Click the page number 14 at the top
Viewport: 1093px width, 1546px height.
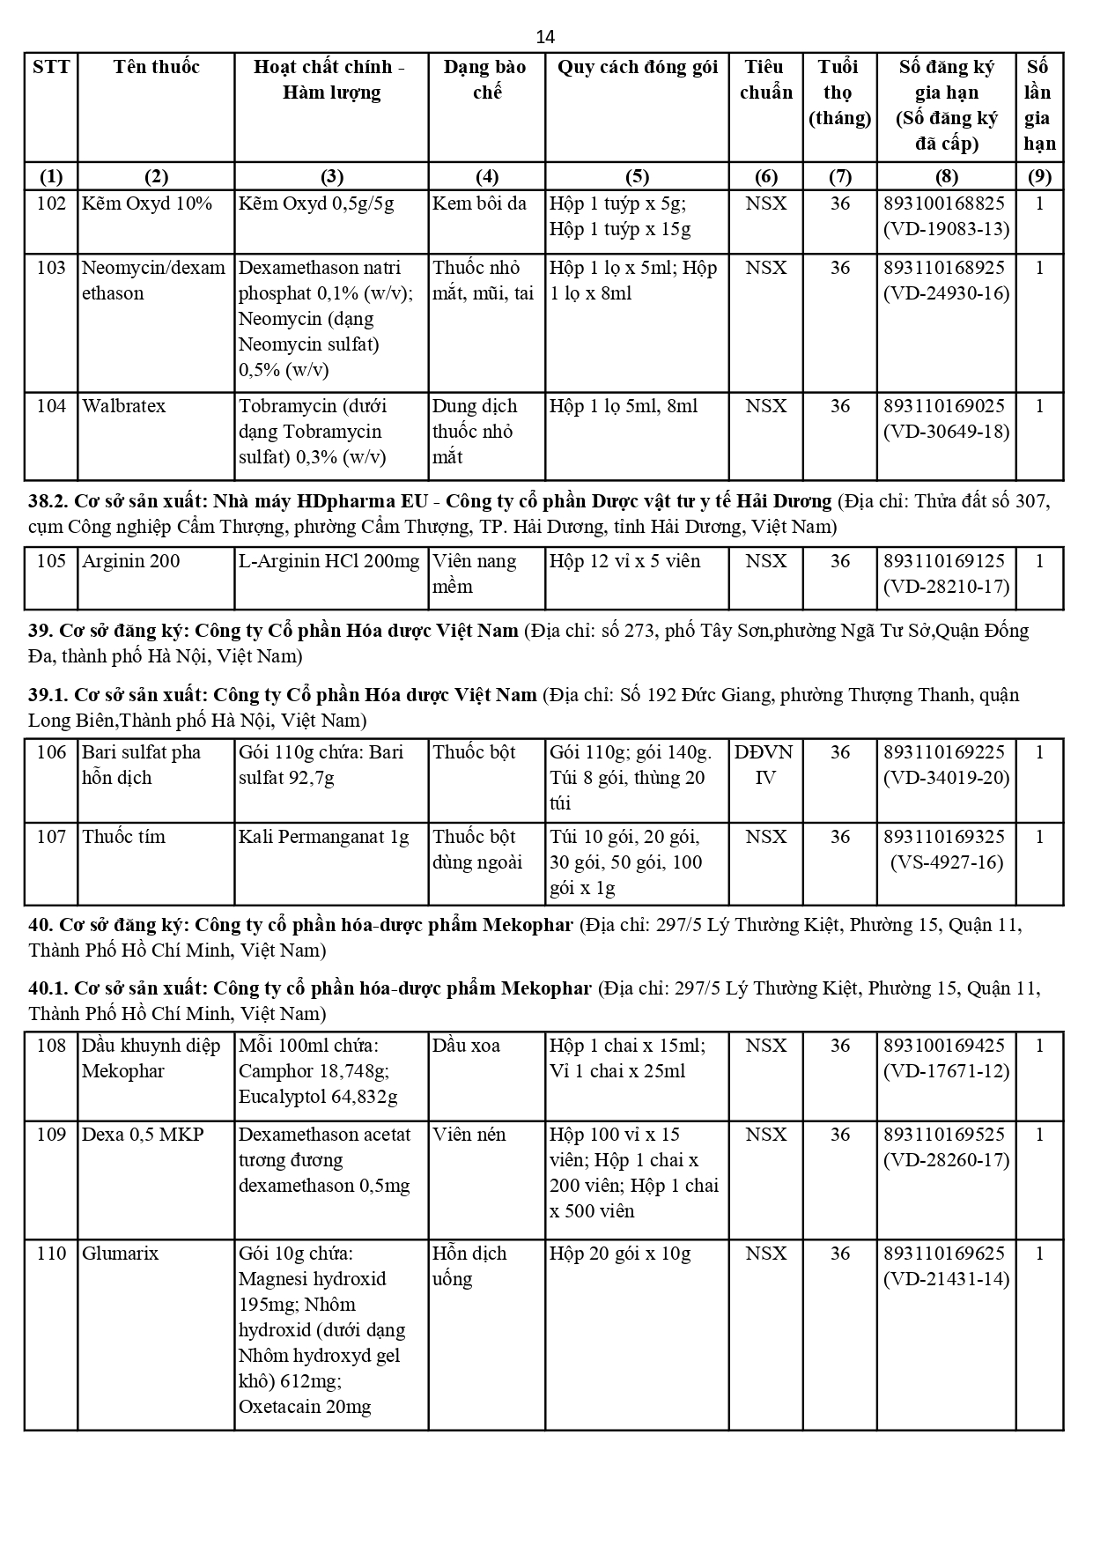pos(545,37)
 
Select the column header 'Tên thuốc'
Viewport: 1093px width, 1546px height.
pos(156,67)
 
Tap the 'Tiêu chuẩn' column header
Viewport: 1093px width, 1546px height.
pos(765,79)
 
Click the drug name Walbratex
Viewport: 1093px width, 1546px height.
pos(123,406)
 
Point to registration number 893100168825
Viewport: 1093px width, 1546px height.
pos(946,203)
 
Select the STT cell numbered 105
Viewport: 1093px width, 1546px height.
pos(51,561)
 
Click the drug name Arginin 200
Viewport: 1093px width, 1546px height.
pos(130,561)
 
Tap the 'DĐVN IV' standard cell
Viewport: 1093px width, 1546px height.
pos(765,765)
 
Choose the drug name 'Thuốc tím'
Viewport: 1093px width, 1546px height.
pos(123,837)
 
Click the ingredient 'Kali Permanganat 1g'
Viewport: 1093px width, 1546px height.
pos(324,837)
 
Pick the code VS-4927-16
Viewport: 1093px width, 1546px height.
pos(947,862)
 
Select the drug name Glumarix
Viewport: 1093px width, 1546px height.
pos(121,1254)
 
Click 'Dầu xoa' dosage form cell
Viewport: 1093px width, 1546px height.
pos(466,1046)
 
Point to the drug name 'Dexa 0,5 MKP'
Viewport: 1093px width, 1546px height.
pos(143,1135)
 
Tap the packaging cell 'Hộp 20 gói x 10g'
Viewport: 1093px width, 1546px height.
pos(620,1254)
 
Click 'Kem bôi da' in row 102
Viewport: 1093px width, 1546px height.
pos(479,203)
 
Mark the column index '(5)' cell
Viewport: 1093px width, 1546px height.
pos(637,176)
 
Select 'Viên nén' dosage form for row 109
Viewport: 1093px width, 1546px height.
pos(469,1135)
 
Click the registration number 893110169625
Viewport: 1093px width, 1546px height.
pos(946,1254)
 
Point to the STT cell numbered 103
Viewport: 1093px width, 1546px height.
pos(51,268)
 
